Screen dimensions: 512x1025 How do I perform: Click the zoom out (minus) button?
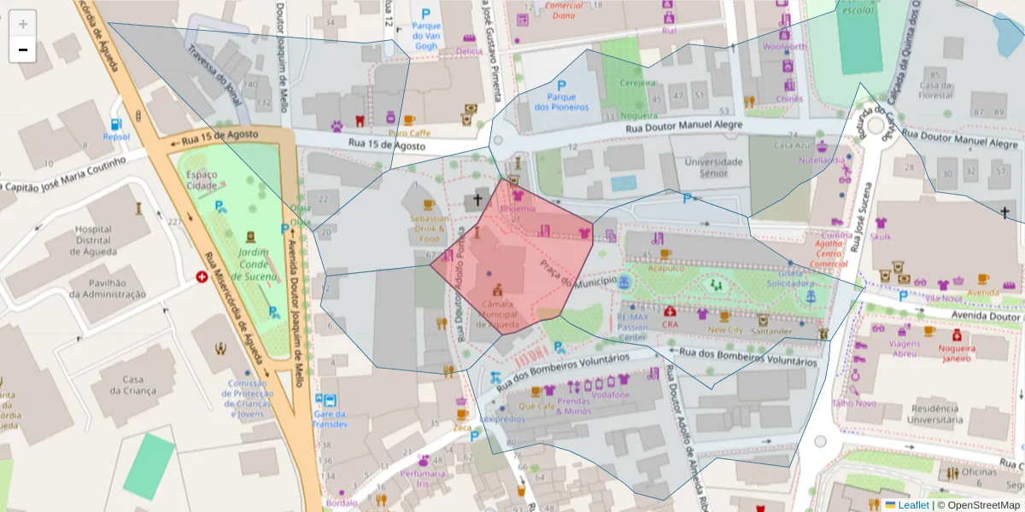point(23,50)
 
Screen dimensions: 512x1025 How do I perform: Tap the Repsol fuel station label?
point(116,137)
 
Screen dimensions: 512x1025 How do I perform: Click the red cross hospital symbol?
point(202,276)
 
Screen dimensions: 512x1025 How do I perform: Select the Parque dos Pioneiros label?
point(561,102)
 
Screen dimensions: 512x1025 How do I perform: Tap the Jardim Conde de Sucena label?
point(254,264)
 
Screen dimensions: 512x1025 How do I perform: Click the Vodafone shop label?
point(611,395)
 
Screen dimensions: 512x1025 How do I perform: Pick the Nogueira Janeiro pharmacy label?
point(957,353)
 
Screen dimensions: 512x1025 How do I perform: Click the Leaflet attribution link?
point(912,505)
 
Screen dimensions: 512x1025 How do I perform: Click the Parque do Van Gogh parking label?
point(425,35)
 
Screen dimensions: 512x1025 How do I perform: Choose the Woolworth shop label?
point(784,47)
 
